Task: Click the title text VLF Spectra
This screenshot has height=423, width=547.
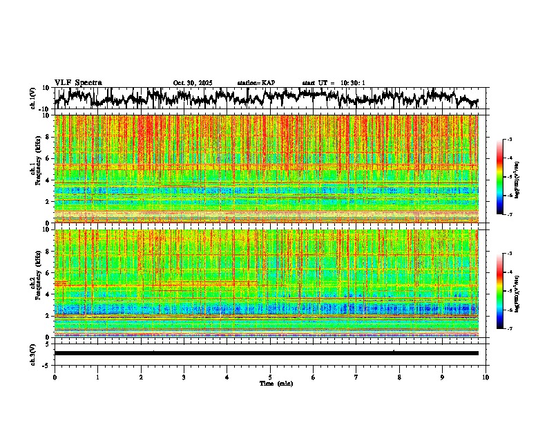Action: (x=78, y=82)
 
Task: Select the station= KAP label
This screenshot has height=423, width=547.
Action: (x=256, y=83)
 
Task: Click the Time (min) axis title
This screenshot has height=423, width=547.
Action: (x=276, y=383)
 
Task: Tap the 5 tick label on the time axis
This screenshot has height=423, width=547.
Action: (x=270, y=377)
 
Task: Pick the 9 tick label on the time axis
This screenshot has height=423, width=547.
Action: (x=443, y=377)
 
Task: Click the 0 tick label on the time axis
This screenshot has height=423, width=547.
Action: (x=55, y=377)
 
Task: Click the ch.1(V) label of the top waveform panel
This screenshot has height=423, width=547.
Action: (x=33, y=99)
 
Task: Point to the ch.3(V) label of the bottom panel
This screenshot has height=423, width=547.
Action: (x=33, y=353)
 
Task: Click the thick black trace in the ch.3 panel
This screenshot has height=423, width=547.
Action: (x=266, y=353)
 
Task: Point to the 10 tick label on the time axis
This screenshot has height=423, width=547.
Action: (x=486, y=377)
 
